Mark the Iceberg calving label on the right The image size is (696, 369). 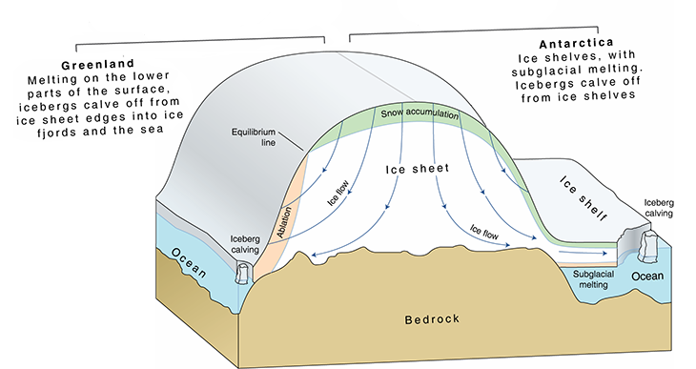pyautogui.click(x=662, y=208)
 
